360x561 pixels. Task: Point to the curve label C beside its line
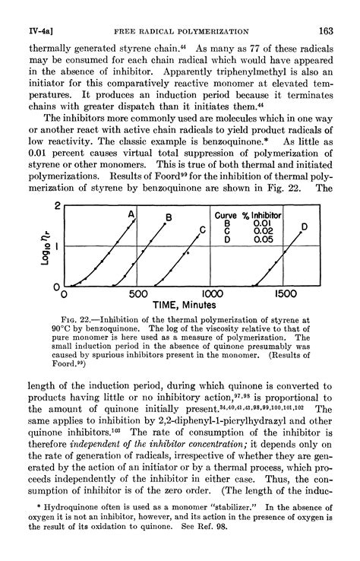pyautogui.click(x=203, y=230)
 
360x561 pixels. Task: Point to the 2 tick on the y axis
pyautogui.click(x=57, y=207)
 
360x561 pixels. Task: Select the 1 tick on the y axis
pyautogui.click(x=57, y=246)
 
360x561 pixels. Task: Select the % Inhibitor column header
pyautogui.click(x=262, y=214)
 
